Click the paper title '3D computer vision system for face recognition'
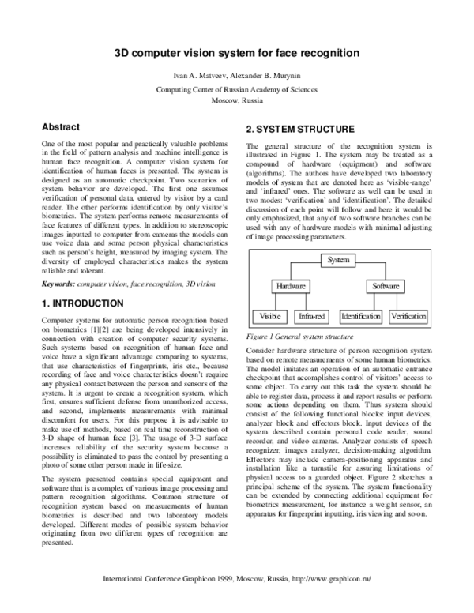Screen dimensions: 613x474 [x=237, y=53]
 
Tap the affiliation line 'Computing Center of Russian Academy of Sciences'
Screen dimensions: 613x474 [x=237, y=90]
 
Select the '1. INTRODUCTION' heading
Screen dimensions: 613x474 [x=82, y=303]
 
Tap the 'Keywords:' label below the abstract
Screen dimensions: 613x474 [x=58, y=284]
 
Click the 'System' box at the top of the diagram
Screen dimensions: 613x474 [x=338, y=259]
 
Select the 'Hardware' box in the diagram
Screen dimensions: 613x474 [x=292, y=286]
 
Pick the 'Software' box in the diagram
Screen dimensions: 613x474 [x=385, y=286]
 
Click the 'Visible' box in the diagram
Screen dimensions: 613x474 [x=270, y=317]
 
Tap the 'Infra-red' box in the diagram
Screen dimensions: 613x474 [x=310, y=317]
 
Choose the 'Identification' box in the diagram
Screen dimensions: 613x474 [x=361, y=317]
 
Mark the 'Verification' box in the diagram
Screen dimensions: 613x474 [x=409, y=317]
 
